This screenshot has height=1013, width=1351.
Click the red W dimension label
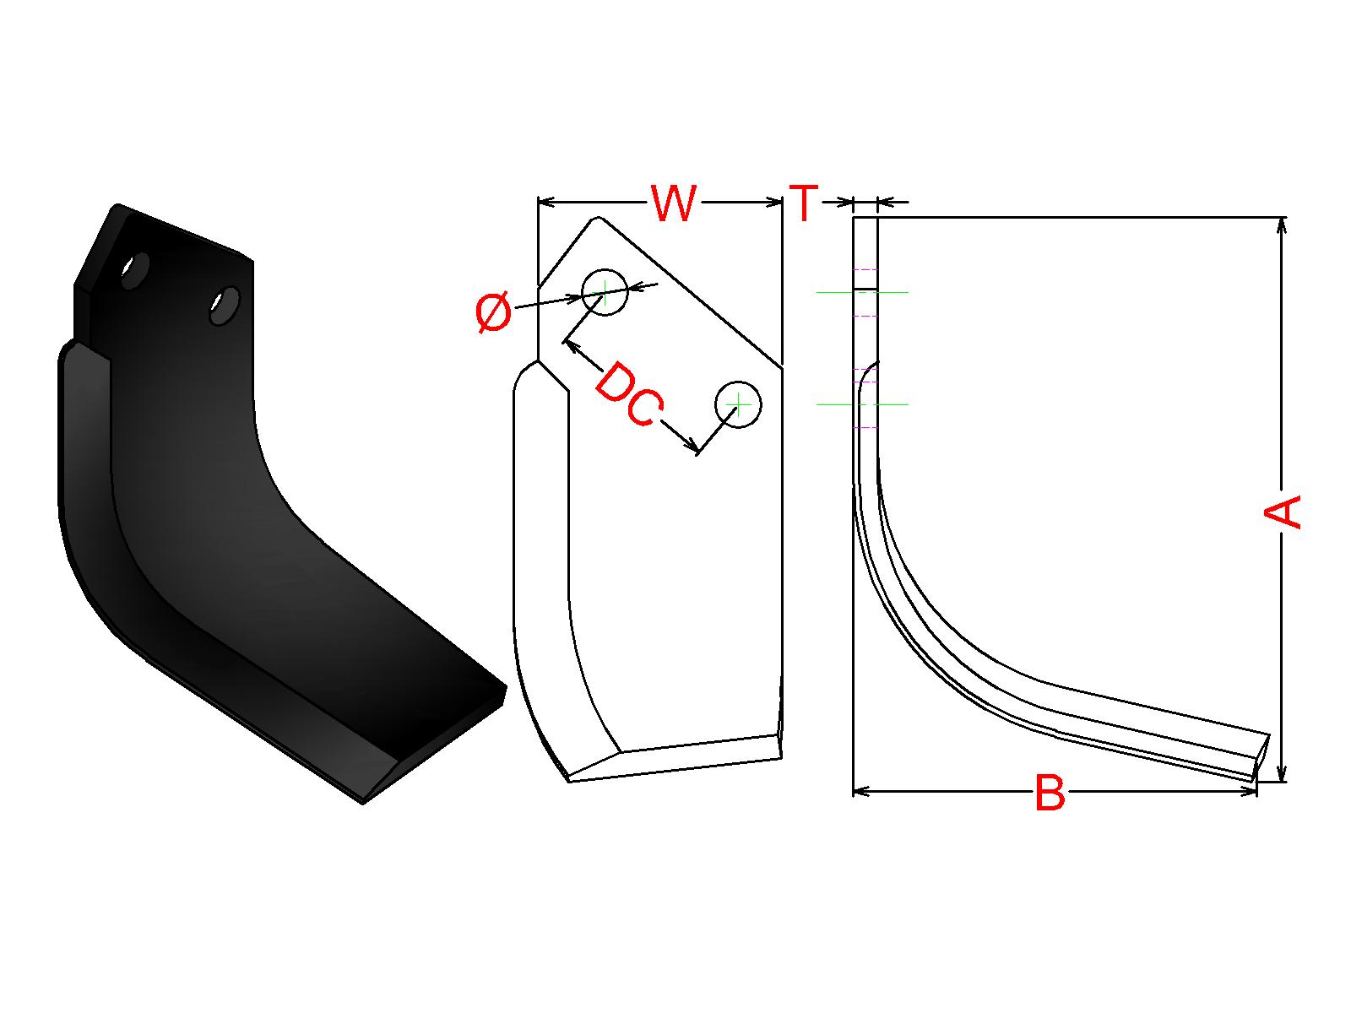pos(673,203)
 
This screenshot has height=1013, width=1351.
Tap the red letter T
pos(803,203)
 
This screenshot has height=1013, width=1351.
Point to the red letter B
pos(1050,792)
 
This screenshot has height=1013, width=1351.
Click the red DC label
pos(630,394)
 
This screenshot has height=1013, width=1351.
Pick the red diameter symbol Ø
pos(494,311)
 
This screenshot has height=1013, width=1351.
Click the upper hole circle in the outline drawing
pos(605,292)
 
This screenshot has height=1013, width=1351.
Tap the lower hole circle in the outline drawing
pos(738,404)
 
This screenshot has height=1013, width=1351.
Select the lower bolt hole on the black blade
pos(224,305)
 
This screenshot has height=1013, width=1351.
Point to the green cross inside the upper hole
pos(605,292)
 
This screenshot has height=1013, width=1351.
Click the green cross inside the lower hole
pos(738,404)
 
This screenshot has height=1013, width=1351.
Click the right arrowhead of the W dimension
pos(774,202)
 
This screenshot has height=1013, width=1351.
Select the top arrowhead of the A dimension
pos(1282,225)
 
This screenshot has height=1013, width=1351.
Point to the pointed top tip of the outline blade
pos(597,217)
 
